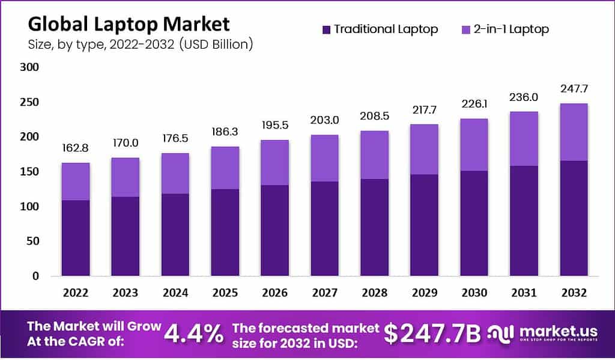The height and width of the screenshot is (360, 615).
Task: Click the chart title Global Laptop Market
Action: (129, 24)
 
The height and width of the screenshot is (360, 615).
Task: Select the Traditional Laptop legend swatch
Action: (327, 29)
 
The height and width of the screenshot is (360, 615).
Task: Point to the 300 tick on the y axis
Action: (29, 68)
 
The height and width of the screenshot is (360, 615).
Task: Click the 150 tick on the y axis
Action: (29, 172)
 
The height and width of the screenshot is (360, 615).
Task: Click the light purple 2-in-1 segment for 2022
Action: (75, 182)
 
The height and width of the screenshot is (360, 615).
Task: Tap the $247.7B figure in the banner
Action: (432, 335)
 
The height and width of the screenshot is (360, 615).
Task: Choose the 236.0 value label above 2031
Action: (523, 97)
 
